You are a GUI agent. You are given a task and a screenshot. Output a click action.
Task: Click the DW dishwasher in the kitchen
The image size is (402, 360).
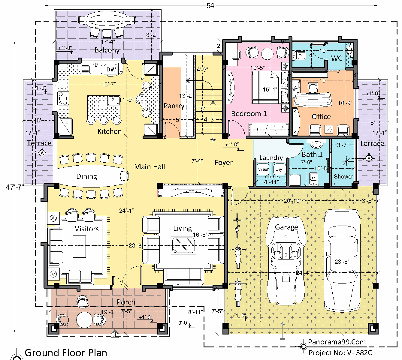(111, 69)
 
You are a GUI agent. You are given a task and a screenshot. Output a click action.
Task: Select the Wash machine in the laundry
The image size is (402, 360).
(263, 169)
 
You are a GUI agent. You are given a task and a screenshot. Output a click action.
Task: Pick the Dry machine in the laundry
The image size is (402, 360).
(279, 169)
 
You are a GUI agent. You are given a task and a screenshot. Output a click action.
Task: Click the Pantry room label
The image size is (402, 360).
(174, 106)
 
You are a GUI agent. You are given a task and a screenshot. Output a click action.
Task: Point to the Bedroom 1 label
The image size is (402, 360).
(249, 114)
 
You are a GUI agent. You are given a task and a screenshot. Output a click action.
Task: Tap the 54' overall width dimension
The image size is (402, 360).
(211, 6)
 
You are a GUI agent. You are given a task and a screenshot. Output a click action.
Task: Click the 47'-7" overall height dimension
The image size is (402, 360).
(15, 187)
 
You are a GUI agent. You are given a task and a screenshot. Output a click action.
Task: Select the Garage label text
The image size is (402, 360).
(286, 227)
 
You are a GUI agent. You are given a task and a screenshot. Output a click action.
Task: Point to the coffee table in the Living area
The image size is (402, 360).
(183, 245)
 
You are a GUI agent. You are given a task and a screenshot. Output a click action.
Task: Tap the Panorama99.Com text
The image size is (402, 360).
(337, 342)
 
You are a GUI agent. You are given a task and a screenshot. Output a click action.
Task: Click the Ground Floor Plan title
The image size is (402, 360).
(66, 353)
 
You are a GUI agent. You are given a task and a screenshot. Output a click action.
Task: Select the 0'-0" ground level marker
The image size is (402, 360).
(183, 323)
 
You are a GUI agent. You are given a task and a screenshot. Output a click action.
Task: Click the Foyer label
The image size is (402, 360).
(224, 163)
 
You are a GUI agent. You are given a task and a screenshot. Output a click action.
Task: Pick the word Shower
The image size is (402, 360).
(343, 176)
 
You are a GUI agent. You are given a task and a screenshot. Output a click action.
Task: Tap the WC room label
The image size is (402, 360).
(337, 58)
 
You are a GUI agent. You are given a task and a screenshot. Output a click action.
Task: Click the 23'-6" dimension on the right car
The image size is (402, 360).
(342, 262)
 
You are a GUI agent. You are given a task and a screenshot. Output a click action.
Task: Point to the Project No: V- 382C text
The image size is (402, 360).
(340, 353)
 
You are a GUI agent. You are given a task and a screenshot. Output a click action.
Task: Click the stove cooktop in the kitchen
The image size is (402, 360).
(63, 98)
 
